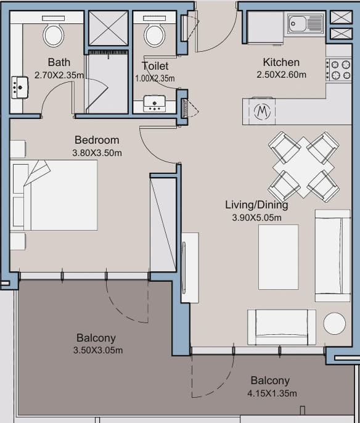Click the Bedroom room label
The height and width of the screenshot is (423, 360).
(97, 140)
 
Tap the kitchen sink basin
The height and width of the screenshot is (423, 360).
(297, 23)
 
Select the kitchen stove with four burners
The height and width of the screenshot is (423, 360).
(338, 70)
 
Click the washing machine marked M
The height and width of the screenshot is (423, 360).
(262, 111)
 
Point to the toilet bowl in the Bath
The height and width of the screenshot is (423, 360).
(54, 35)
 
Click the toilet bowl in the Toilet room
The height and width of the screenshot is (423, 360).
(155, 35)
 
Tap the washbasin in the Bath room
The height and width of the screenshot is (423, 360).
(19, 88)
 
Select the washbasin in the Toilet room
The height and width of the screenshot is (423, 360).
(154, 104)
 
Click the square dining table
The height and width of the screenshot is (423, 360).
(304, 168)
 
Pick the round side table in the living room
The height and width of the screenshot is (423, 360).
(334, 324)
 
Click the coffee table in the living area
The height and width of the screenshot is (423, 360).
(278, 257)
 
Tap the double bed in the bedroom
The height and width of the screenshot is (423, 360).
(54, 195)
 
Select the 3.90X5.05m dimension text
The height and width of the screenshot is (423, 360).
(256, 218)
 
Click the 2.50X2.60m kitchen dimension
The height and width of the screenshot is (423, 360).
(281, 75)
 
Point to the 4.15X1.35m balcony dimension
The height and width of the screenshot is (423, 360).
(272, 393)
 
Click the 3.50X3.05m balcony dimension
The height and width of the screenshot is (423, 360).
(98, 350)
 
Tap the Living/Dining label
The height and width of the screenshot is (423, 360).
(256, 205)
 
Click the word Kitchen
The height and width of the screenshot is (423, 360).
(281, 62)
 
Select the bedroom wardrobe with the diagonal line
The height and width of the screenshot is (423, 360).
(163, 224)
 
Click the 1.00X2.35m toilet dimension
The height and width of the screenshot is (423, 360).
(155, 78)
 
